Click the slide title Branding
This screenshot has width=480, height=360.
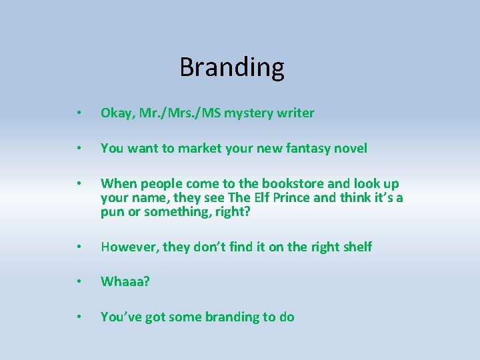point(232,67)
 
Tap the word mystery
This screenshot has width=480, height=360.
point(251,113)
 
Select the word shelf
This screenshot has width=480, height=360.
point(357,247)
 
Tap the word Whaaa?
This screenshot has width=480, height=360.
point(125,281)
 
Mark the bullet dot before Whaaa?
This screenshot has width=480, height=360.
point(79,282)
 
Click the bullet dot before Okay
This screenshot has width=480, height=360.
point(79,114)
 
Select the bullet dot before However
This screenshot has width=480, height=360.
point(79,247)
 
